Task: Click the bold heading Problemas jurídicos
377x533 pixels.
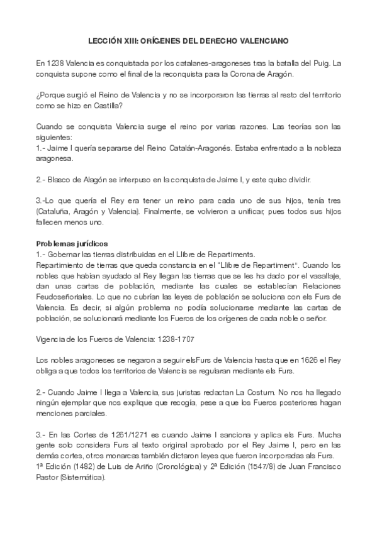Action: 72,243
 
